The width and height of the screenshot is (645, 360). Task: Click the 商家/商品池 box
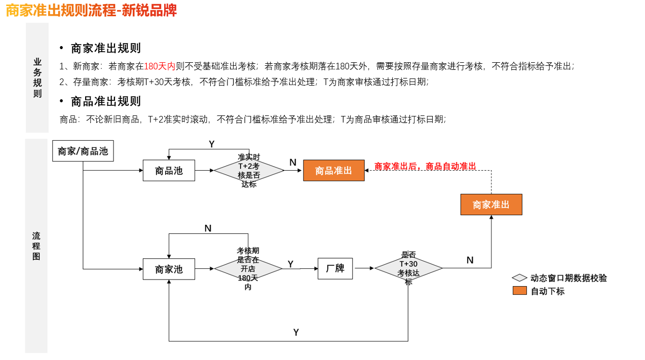point(83,151)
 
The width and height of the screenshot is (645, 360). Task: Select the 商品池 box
point(169,171)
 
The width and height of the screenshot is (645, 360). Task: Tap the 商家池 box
point(169,269)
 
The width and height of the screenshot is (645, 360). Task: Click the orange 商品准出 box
point(333,171)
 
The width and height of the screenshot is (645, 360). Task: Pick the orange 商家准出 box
point(491,205)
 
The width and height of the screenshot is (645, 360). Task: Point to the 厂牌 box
point(335,268)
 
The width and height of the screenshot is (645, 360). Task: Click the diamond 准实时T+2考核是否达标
point(249,171)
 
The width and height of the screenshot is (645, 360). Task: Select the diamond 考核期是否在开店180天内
point(248,269)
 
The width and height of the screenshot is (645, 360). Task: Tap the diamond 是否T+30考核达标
point(408,268)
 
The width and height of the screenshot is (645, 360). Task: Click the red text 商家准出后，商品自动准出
point(425,166)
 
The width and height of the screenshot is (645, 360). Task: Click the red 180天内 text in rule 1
point(160,66)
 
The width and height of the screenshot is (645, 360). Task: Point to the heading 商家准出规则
point(106,49)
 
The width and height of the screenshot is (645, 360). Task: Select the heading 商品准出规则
point(106,101)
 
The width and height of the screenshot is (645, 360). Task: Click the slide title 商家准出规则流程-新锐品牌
point(91,10)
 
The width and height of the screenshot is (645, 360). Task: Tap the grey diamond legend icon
point(519,278)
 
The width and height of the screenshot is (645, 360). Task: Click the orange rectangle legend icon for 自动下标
point(519,291)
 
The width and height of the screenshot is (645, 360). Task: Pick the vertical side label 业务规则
point(37,77)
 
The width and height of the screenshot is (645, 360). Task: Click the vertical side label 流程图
point(36,246)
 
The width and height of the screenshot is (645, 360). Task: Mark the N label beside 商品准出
point(293,163)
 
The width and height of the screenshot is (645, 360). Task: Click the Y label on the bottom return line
point(296,333)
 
